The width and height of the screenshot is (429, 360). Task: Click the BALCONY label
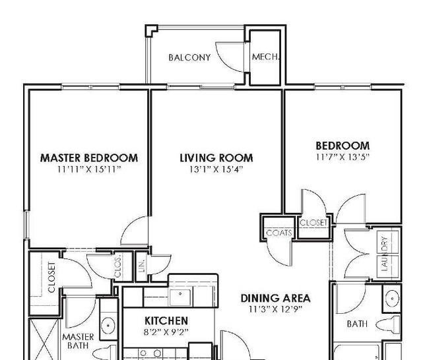click(189, 57)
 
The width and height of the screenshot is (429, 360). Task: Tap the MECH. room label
click(266, 57)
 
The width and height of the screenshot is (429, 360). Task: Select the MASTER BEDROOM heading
click(89, 158)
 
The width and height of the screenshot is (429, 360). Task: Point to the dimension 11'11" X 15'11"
click(89, 169)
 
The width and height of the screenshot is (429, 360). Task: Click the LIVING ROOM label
click(216, 158)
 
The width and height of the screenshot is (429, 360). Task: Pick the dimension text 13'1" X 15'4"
click(216, 169)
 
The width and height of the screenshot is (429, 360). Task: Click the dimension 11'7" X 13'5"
click(343, 157)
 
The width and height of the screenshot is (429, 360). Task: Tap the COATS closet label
click(279, 233)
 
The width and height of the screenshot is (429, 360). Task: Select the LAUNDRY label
click(385, 253)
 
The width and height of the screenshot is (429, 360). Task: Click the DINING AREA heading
click(275, 298)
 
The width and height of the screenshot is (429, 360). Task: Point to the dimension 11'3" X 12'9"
click(275, 309)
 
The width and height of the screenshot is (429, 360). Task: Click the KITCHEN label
click(166, 320)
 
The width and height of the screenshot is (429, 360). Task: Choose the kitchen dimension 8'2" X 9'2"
click(166, 332)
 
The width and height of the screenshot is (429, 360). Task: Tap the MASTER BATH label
click(78, 341)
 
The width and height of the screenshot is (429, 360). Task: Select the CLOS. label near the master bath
click(118, 267)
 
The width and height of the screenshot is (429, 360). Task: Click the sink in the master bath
click(108, 325)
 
